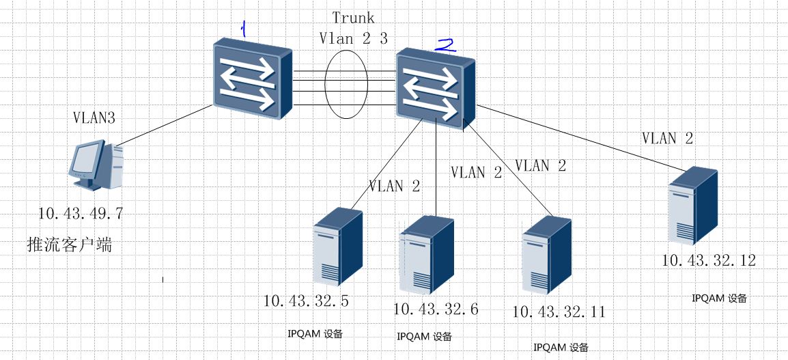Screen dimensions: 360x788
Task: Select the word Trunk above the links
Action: (354, 17)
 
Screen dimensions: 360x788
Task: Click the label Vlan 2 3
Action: (354, 38)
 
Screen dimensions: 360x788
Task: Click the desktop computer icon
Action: (96, 165)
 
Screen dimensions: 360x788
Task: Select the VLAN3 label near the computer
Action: (94, 117)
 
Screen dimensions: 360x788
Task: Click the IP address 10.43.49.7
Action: (81, 214)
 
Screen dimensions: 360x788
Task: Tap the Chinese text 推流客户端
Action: (69, 244)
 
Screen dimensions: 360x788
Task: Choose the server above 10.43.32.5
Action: (337, 247)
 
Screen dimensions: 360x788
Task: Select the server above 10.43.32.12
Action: (694, 206)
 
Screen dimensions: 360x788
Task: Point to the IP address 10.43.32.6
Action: (436, 309)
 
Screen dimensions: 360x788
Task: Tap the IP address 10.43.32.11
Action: (559, 312)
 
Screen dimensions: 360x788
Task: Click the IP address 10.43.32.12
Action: (709, 260)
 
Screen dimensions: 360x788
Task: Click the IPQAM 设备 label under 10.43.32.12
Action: (719, 299)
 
